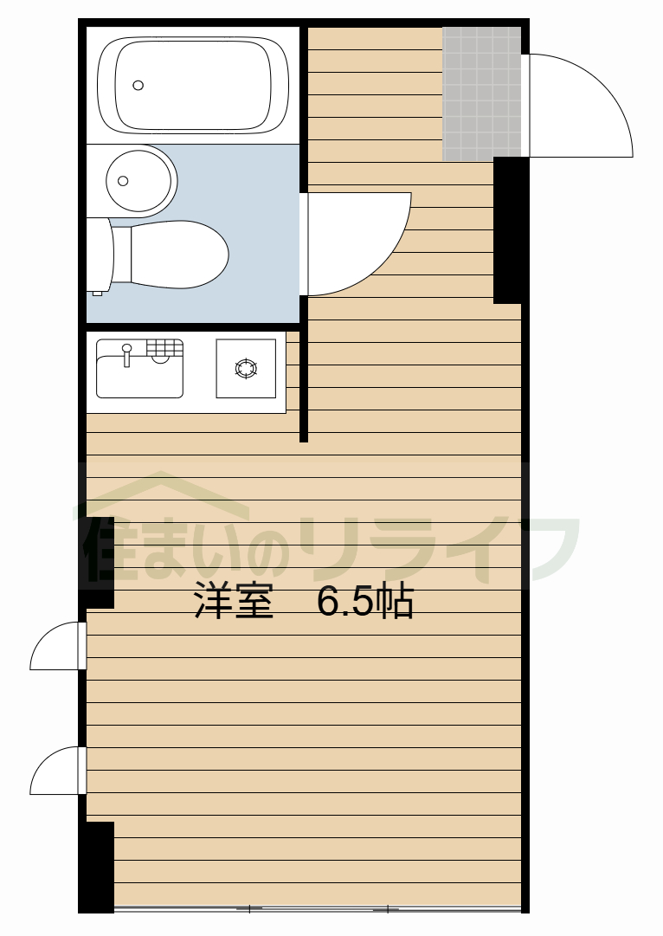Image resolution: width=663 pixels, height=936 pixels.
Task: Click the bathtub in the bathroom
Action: pos(193,84)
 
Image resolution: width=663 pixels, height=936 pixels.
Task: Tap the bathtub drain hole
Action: pos(138,85)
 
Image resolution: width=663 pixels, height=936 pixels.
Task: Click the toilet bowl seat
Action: pos(177,255)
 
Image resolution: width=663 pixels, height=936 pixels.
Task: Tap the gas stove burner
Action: pos(246,368)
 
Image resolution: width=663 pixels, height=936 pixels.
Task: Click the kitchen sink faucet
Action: pos(126,354)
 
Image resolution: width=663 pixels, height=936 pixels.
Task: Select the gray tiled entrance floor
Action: pos(481,94)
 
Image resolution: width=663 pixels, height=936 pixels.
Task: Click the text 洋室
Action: pos(233,602)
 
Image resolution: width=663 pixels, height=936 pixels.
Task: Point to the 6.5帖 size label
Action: pos(365,602)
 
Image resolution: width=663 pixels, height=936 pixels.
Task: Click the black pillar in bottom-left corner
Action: pos(96,866)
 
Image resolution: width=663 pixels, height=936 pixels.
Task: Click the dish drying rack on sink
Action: pos(164,348)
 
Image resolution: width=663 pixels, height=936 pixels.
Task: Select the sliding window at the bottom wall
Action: pos(317,908)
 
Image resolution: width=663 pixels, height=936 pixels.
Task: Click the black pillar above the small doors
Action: pos(98,561)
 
